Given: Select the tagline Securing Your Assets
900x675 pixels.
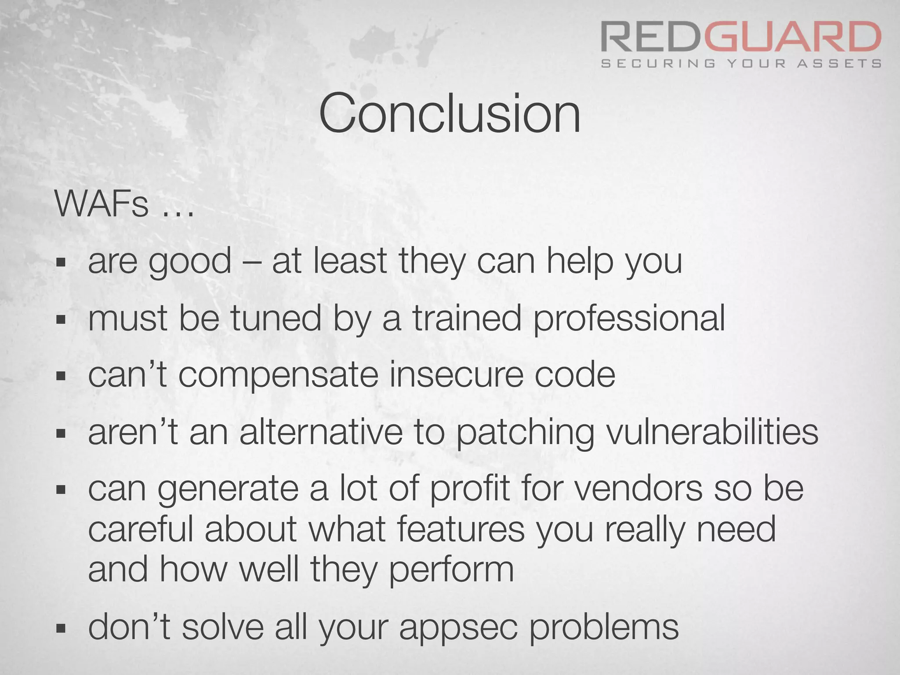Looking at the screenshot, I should pos(741,64).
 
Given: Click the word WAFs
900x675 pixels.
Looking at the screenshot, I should pos(102,204).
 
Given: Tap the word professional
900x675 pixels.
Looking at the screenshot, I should pos(629,319).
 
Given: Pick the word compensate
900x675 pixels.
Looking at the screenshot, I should pos(279,376).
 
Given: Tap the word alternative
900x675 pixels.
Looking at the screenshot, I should pos(321,432).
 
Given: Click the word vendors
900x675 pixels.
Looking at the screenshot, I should pos(639,490).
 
